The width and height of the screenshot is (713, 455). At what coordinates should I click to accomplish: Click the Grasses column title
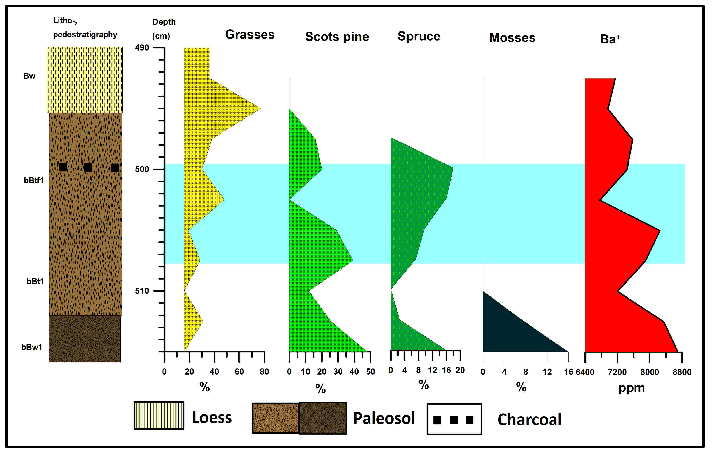pos(250,35)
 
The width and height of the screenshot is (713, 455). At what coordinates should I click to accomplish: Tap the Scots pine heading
pos(337,37)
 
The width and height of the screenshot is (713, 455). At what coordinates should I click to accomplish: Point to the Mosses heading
pos(512,38)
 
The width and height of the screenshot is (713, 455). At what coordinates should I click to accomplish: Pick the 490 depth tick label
pos(142,48)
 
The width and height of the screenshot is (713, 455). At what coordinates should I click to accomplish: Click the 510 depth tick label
pos(142,291)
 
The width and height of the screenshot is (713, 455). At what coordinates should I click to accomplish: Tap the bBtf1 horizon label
pos(33,181)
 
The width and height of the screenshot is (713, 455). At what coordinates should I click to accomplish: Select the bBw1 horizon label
pos(31,347)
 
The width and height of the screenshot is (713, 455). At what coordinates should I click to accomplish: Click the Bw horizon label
pos(29,76)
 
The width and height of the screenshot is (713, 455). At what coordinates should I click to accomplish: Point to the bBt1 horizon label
pos(35,281)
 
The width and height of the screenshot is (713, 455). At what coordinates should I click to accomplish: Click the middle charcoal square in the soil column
pos(88,167)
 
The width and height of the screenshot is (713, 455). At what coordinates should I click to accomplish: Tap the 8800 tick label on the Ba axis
pos(682,372)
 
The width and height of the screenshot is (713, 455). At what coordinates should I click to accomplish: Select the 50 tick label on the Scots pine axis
pos(370,372)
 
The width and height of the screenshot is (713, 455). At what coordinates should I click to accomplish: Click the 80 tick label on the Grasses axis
pos(264,372)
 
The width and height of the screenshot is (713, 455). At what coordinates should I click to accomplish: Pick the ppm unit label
pos(632,388)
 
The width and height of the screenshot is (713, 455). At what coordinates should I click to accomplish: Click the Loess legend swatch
pos(159,416)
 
